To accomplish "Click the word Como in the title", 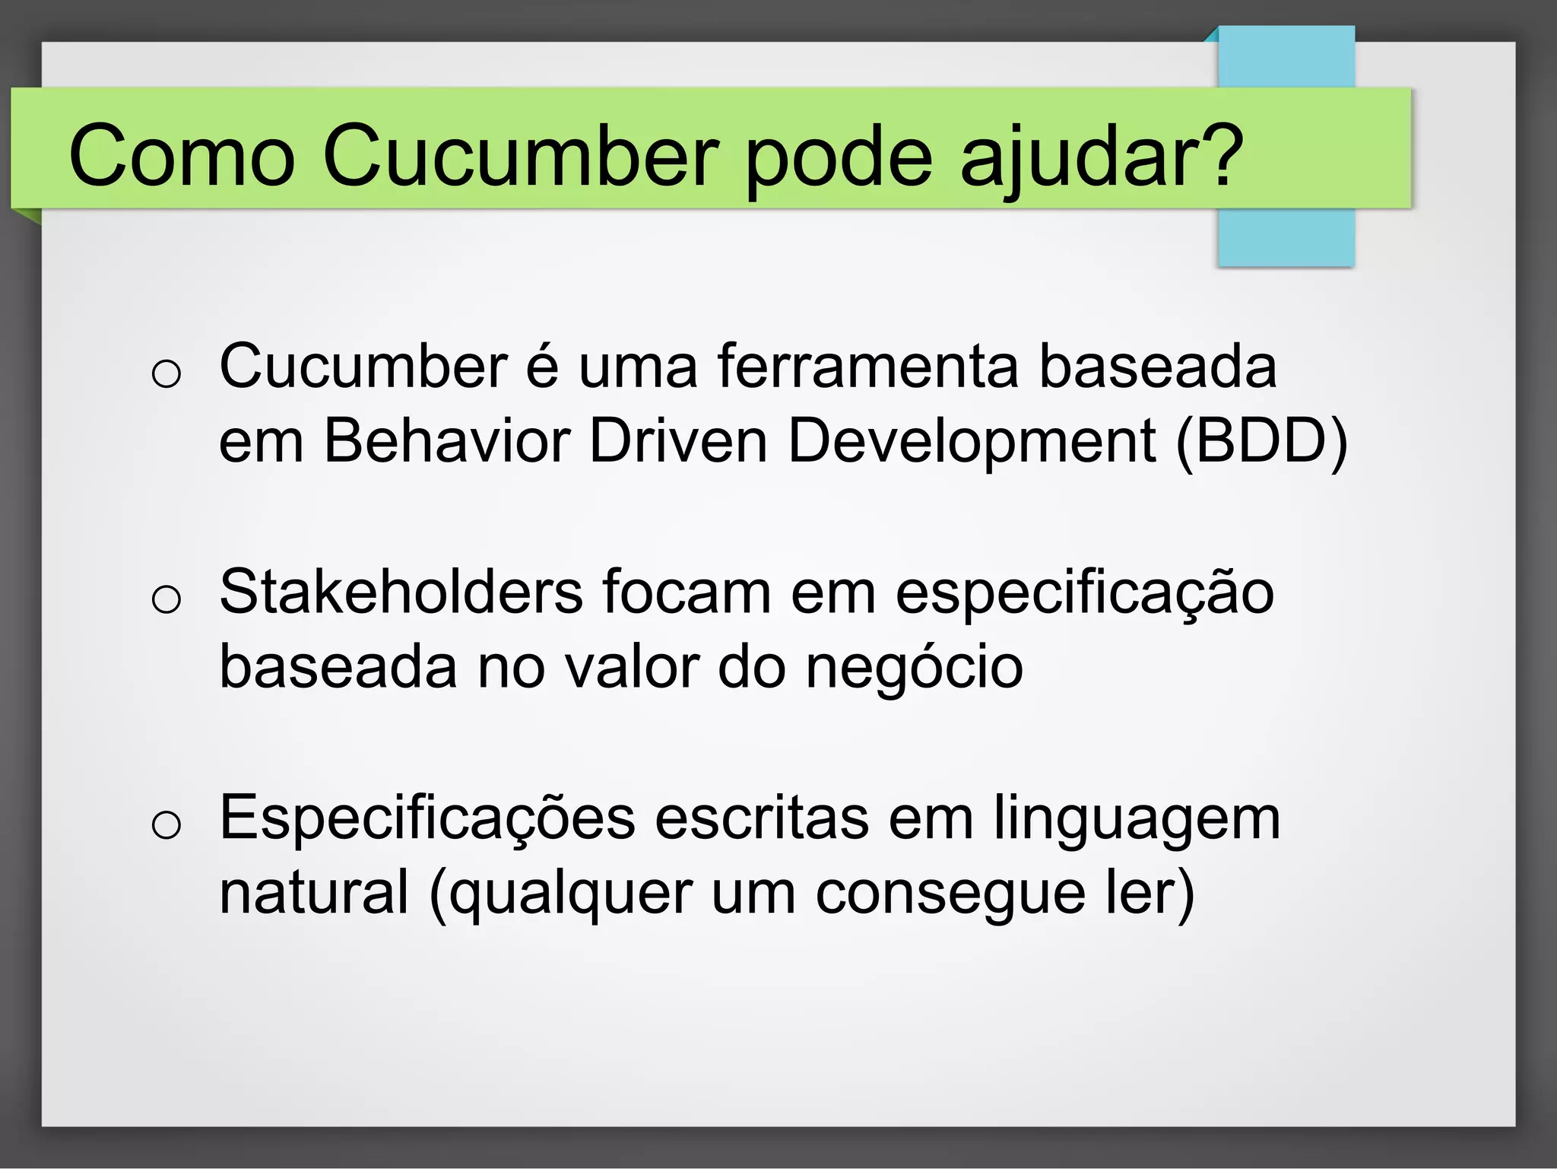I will (182, 156).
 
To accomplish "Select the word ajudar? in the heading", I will (1102, 156).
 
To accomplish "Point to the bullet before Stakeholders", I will (166, 599).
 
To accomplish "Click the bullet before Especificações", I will (166, 824).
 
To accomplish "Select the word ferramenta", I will (867, 367).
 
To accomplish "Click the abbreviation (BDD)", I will (1261, 441).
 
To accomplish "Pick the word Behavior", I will (447, 441).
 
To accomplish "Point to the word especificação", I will (1084, 593).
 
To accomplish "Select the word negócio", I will (914, 667).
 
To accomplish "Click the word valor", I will (631, 667).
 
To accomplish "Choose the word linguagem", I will (1137, 819).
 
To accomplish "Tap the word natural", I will (314, 891).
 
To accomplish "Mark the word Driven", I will (678, 441).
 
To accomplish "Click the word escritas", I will (762, 818).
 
